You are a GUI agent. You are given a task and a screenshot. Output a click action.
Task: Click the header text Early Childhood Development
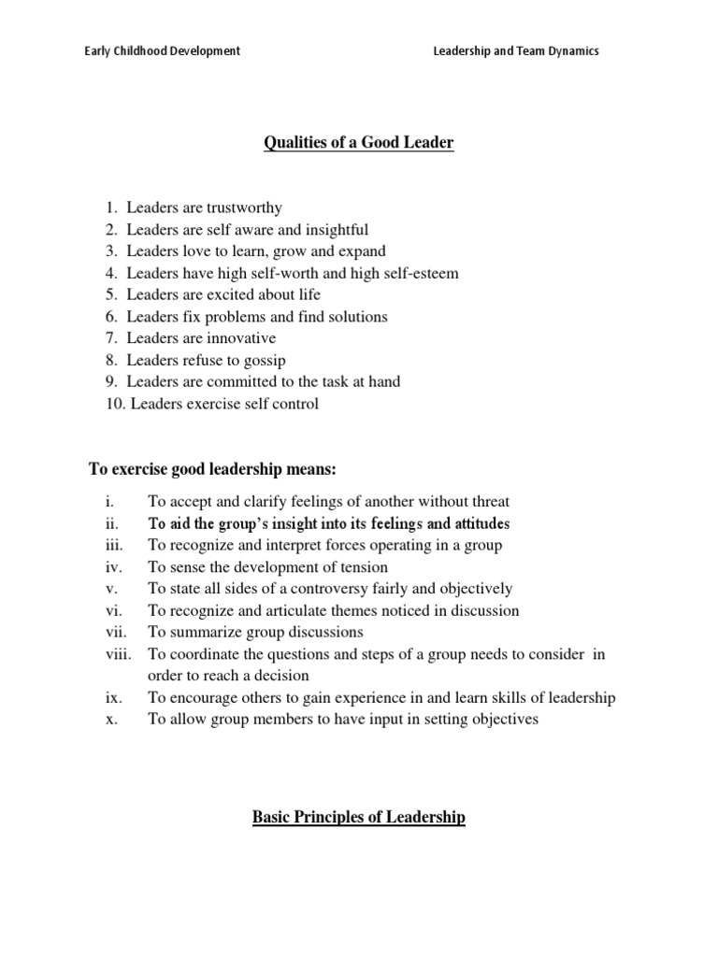coord(162,51)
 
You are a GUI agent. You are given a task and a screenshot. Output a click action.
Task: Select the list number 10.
coord(114,404)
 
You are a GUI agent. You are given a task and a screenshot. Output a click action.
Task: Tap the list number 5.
coord(111,295)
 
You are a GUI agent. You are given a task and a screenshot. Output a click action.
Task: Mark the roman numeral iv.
coord(112,567)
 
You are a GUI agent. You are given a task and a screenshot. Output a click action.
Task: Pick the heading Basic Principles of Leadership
coord(359,818)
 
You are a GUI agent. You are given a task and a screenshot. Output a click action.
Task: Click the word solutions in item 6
coord(355,317)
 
